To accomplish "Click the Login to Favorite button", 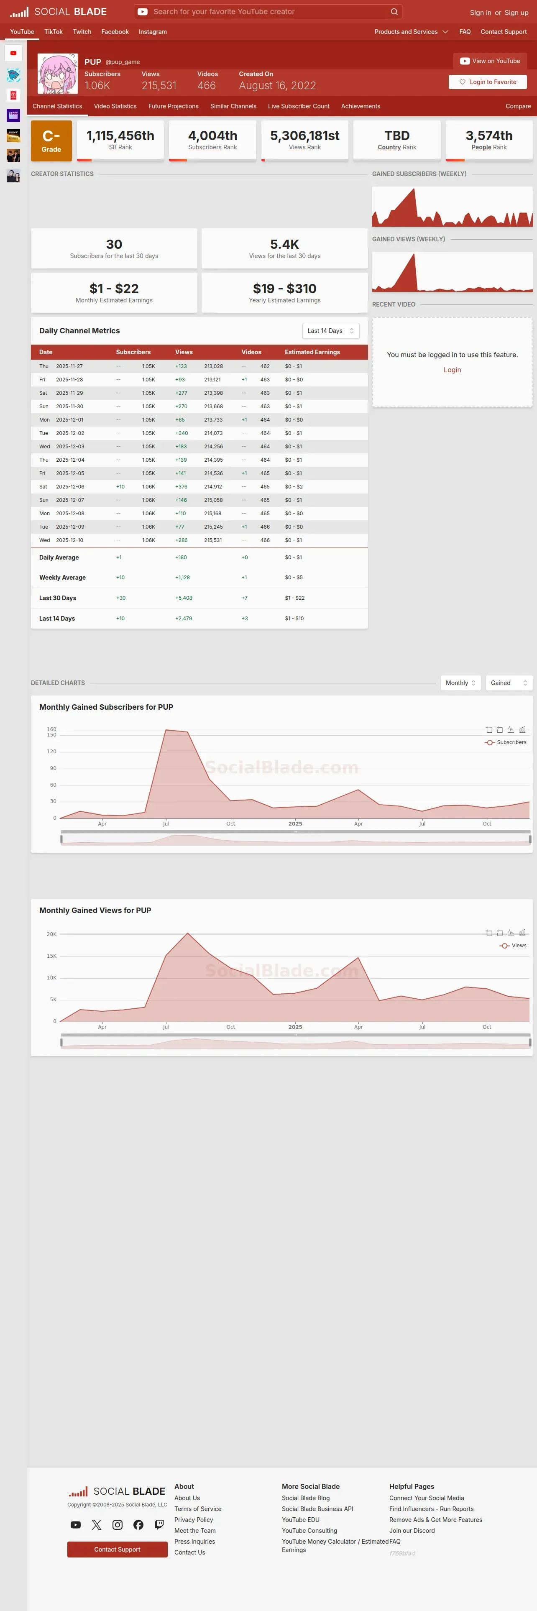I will [x=488, y=82].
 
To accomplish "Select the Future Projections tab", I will [x=173, y=106].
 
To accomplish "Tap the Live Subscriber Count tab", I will [x=298, y=106].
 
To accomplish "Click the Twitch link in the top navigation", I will [x=82, y=32].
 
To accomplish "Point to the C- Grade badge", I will [x=51, y=141].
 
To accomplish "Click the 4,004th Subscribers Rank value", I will [x=212, y=136].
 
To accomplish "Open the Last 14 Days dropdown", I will [x=330, y=331].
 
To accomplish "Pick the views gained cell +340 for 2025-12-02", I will [x=181, y=433].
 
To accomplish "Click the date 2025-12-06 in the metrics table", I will [x=70, y=486].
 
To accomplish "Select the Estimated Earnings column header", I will [x=312, y=352].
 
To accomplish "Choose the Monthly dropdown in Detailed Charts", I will [x=460, y=683].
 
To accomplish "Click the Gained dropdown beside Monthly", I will [x=508, y=683].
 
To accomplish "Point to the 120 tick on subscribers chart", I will [x=52, y=752].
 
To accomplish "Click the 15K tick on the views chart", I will [x=52, y=956].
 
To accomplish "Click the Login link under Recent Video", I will [x=452, y=370].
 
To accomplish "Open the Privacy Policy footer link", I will [x=194, y=1520].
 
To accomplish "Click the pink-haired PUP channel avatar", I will [x=58, y=74].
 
